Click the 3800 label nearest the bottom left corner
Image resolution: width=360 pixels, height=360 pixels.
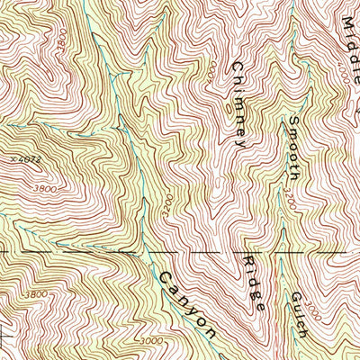[36, 294]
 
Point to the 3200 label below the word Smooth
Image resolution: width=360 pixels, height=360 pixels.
[290, 192]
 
